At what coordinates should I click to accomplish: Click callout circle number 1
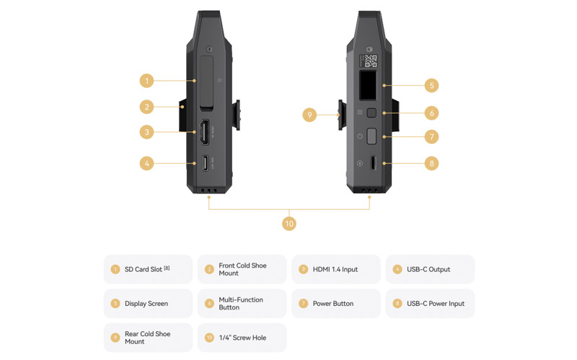point(147,81)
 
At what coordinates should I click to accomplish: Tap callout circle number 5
point(431,85)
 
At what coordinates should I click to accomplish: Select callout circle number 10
point(289,224)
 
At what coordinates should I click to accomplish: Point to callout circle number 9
point(309,115)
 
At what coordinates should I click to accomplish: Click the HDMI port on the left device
point(204,132)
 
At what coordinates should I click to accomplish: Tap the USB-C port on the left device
point(205,163)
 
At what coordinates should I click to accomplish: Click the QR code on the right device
point(370,61)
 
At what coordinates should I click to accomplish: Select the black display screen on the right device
point(368,85)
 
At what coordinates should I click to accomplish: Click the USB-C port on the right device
point(373,163)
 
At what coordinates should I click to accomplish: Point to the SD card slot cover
point(207,83)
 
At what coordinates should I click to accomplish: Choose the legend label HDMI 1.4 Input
point(335,269)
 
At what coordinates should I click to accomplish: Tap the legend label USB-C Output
point(428,269)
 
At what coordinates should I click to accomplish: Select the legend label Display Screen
point(146,303)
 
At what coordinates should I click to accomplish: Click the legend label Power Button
point(333,303)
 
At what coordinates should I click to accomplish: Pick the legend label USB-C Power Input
point(436,303)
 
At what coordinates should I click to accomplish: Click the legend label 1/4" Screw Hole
point(242,338)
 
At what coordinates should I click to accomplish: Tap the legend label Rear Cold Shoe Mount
point(147,338)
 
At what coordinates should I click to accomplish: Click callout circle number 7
point(431,137)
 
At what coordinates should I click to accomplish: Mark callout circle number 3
point(147,132)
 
